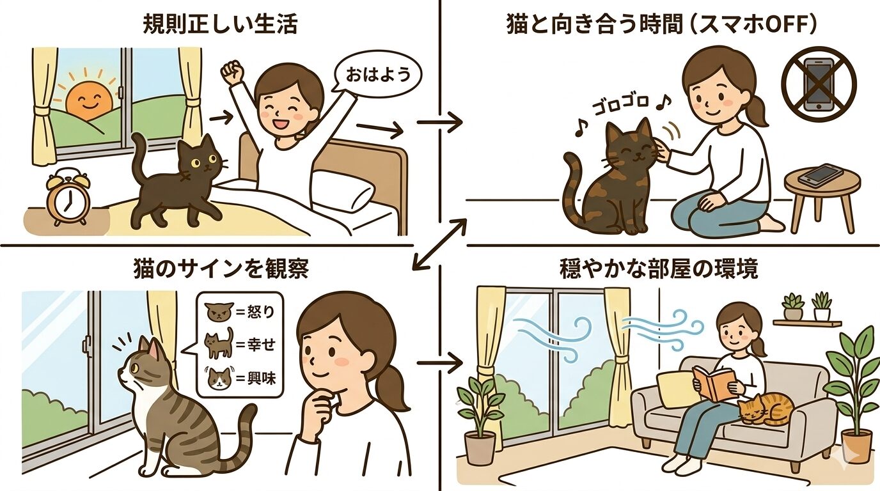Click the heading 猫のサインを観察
[x=221, y=269]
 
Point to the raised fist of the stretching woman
[x=235, y=70]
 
